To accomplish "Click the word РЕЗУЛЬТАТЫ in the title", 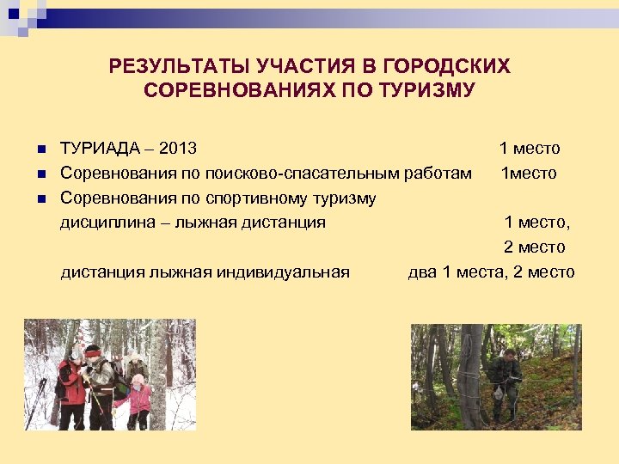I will tap(177, 66).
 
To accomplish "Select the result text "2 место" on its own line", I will tap(534, 247).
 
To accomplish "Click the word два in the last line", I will tap(422, 272).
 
